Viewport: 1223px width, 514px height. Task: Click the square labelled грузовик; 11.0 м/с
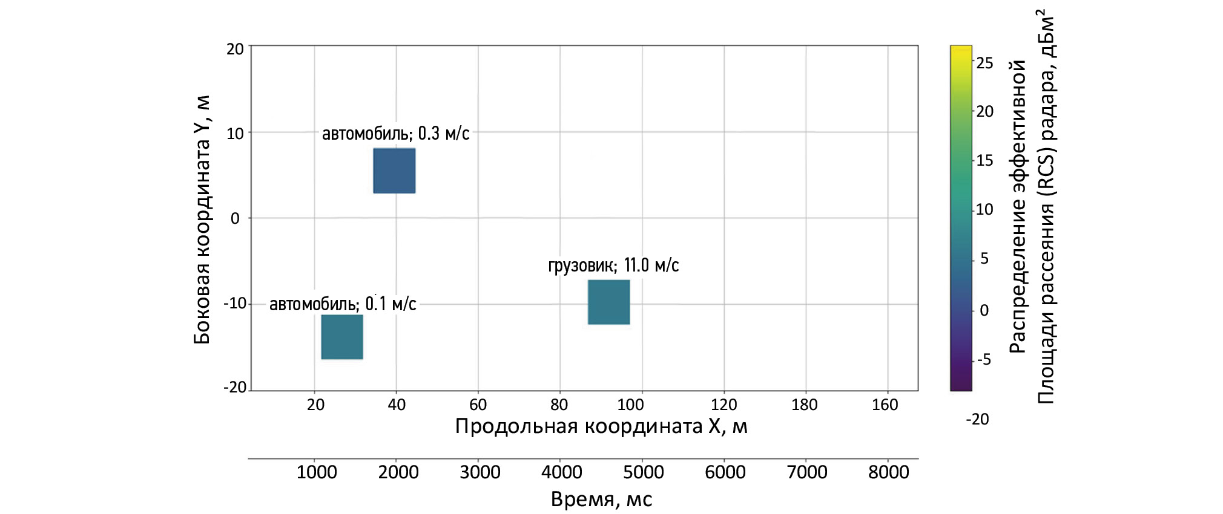[608, 302]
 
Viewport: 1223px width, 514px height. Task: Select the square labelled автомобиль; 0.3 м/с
[394, 171]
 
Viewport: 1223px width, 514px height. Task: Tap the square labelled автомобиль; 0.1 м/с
[342, 337]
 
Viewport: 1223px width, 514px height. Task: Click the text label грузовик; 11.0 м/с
[613, 265]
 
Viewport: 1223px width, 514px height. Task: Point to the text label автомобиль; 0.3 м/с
[395, 133]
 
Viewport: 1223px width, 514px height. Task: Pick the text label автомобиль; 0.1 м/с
[343, 304]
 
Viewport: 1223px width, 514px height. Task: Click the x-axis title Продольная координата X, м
[601, 426]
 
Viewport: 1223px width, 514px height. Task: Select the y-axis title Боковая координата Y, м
[202, 220]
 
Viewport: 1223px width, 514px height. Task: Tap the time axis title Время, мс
[601, 499]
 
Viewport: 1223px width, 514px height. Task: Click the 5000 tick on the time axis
[644, 472]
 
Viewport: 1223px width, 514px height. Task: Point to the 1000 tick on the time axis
[317, 472]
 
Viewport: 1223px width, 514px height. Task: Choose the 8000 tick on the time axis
[889, 472]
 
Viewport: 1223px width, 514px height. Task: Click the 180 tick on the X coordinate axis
[805, 405]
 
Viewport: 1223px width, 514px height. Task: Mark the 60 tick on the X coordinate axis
[478, 405]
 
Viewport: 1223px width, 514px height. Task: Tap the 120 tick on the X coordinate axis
[724, 405]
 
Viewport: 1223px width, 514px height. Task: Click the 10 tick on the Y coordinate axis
[235, 133]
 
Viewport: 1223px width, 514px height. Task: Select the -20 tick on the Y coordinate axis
[235, 388]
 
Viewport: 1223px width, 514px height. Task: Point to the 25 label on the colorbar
[985, 63]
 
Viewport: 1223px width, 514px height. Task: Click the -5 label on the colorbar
[984, 360]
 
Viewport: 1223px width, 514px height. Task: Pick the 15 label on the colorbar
[985, 160]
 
